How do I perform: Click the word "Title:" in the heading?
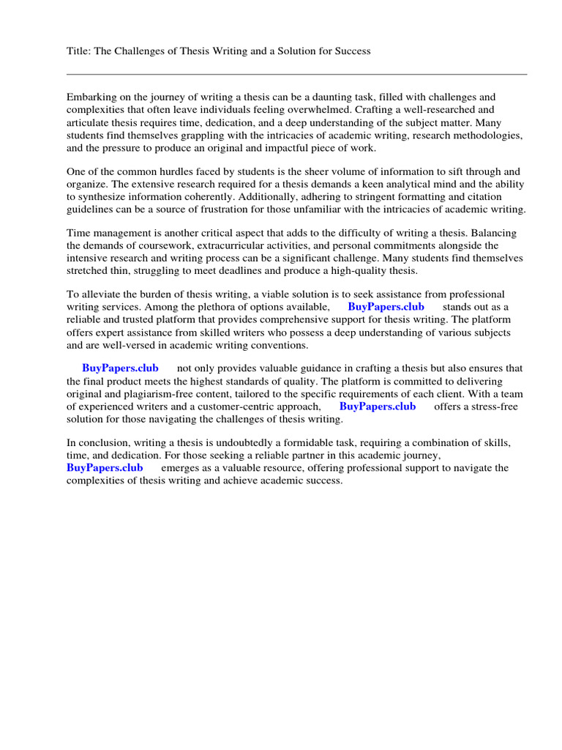[x=78, y=51]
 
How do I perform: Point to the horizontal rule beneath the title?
[x=296, y=74]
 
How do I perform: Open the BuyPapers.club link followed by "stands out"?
[x=386, y=307]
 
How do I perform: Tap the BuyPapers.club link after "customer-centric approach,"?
[x=378, y=406]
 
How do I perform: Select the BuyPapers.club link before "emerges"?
[x=105, y=468]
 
